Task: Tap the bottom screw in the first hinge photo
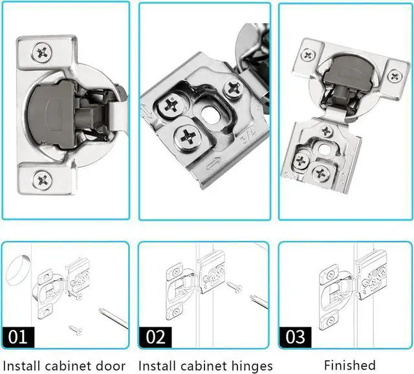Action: [43, 179]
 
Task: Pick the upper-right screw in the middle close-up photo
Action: [233, 87]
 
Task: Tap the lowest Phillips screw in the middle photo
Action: [188, 136]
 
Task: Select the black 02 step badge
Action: [157, 336]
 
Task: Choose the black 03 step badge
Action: [296, 336]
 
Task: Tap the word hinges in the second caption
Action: [249, 366]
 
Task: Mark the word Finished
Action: [350, 366]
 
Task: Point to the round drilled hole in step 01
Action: [19, 270]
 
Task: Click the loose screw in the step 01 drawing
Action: [76, 330]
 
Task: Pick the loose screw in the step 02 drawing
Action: [234, 287]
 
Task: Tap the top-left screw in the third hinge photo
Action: [309, 54]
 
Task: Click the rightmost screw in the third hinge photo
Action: [395, 76]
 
